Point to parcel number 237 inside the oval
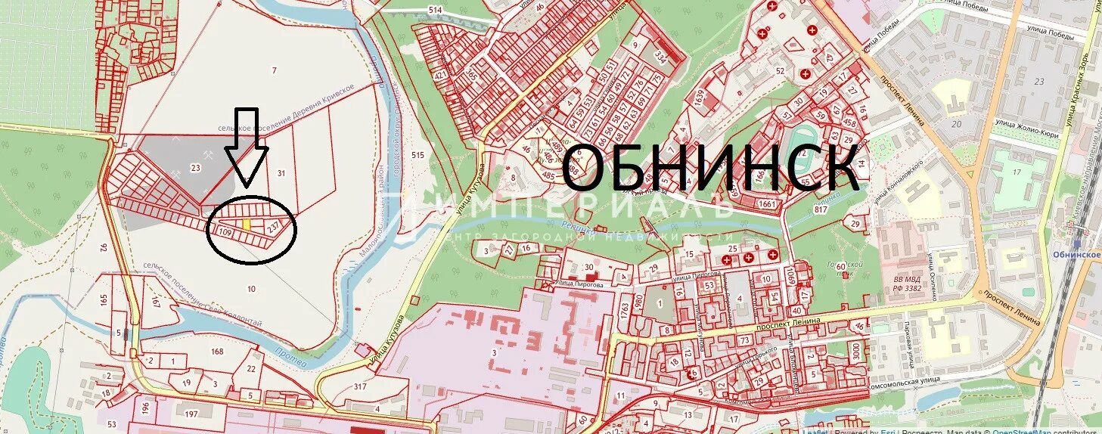tap(275, 225)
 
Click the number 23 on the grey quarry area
tap(196, 169)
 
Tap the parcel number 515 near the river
tap(418, 155)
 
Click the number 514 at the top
tap(434, 10)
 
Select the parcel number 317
tap(359, 386)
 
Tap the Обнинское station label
tap(1076, 255)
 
